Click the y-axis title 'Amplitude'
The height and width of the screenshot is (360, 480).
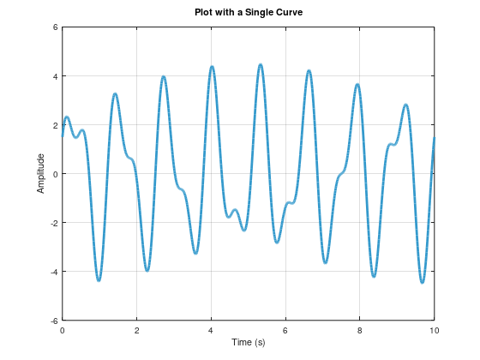(40, 173)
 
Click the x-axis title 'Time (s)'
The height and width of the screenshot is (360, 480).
(248, 342)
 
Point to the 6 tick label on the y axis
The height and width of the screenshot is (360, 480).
(54, 27)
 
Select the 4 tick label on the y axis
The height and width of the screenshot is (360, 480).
(54, 76)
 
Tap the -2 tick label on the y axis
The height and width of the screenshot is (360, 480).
(52, 223)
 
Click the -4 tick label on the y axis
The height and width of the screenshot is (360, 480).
(52, 272)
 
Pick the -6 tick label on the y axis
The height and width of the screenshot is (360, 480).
(52, 321)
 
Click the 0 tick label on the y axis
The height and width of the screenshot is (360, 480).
(54, 174)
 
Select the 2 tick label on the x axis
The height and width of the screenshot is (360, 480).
(136, 330)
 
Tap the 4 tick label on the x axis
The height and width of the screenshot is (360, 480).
(211, 330)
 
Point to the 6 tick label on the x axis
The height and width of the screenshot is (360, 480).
(285, 330)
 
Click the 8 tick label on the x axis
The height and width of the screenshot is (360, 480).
(360, 330)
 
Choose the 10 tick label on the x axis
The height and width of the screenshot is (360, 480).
(434, 330)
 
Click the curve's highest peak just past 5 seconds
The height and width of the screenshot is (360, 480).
(261, 64)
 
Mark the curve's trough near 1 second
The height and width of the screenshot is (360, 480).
(99, 280)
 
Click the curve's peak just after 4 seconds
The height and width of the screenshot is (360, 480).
(212, 67)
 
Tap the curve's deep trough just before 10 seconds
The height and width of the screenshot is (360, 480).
(423, 282)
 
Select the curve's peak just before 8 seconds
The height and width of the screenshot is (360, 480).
(357, 84)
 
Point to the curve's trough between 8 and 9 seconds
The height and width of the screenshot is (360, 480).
(375, 276)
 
